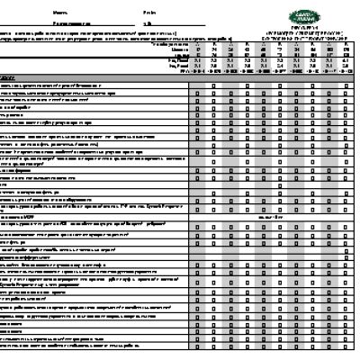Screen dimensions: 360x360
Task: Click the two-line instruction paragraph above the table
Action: click(x=90, y=37)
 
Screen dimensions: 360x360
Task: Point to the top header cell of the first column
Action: click(x=195, y=45)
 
